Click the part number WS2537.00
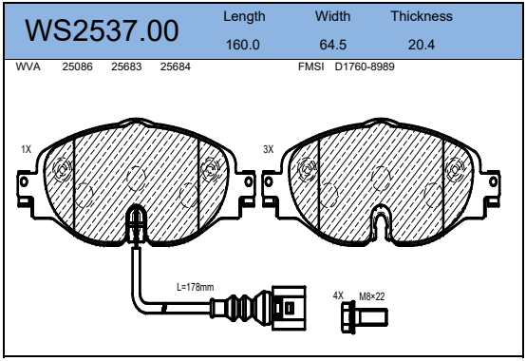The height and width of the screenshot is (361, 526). (x=102, y=30)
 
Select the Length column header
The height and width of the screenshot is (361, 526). (x=244, y=16)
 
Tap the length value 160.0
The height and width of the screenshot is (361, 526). (x=243, y=45)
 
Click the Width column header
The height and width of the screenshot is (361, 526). (x=332, y=16)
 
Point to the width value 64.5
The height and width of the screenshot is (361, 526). (x=332, y=45)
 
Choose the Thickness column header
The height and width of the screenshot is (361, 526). (x=422, y=16)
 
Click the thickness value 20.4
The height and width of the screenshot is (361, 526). (x=422, y=45)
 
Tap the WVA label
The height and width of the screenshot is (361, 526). (x=28, y=66)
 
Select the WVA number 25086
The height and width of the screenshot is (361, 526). (x=77, y=66)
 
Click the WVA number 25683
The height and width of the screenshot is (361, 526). (x=126, y=66)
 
